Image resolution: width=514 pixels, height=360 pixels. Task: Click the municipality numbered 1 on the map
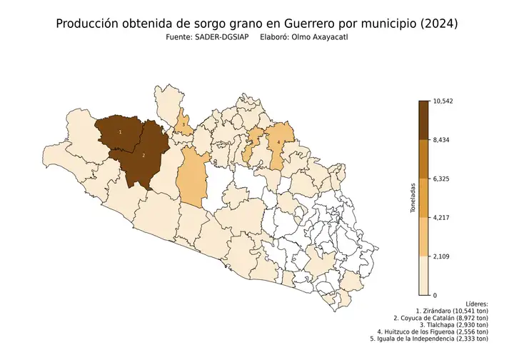(120, 132)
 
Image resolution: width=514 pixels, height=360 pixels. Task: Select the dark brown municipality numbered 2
(143, 155)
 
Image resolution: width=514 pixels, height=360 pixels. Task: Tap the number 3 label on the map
(184, 124)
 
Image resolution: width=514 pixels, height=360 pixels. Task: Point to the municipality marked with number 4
(278, 142)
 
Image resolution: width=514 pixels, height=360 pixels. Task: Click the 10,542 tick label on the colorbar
(443, 101)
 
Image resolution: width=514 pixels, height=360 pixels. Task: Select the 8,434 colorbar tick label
(442, 140)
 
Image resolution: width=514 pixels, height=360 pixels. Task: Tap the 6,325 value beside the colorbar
(442, 179)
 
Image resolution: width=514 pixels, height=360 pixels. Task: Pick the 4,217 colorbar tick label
(442, 217)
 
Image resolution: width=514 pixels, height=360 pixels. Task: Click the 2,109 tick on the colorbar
(442, 256)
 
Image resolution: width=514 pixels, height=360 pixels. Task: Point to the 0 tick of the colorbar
(435, 295)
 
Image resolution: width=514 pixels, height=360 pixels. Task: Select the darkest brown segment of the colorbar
(423, 120)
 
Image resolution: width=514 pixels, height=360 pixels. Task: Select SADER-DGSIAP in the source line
(216, 38)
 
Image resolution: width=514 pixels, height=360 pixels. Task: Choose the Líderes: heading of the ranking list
(475, 304)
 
